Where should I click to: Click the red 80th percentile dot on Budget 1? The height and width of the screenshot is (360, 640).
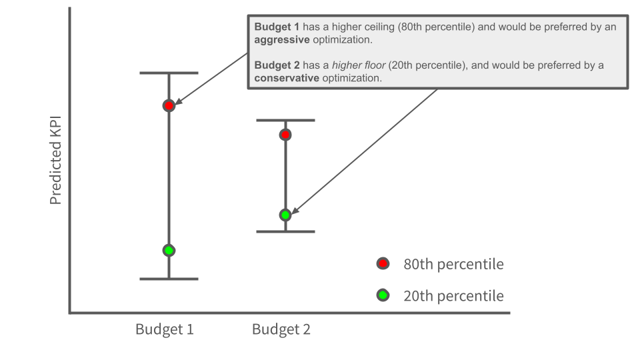(x=169, y=105)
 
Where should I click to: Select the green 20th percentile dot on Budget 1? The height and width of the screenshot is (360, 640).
(x=169, y=251)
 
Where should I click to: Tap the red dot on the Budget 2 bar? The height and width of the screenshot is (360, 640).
(x=285, y=135)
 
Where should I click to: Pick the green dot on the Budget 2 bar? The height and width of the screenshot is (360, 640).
(x=285, y=215)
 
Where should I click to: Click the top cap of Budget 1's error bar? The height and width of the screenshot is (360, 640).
(x=169, y=73)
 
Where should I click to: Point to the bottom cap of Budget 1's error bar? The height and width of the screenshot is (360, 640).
(x=169, y=279)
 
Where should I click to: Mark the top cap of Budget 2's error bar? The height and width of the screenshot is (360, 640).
(x=285, y=120)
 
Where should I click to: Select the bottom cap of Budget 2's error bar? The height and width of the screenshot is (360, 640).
(x=285, y=231)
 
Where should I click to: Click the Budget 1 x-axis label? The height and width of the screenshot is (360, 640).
(x=165, y=329)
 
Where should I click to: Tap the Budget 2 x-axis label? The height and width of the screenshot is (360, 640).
(x=281, y=329)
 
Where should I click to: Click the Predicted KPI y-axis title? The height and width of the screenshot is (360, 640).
(x=56, y=158)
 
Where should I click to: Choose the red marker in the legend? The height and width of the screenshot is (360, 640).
(x=383, y=264)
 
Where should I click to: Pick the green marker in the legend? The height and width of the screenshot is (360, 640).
(x=383, y=295)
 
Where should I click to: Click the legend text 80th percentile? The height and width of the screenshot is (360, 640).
(x=453, y=264)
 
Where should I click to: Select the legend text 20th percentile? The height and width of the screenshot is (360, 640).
(x=453, y=295)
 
